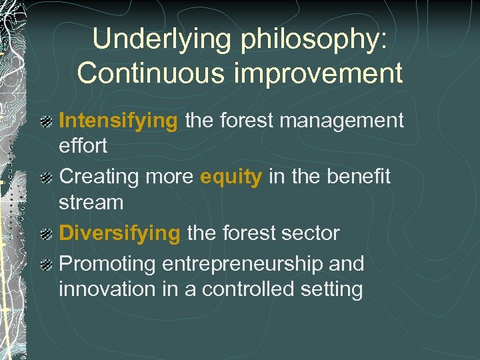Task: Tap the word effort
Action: click(83, 145)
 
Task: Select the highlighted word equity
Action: click(231, 177)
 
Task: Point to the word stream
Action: click(91, 201)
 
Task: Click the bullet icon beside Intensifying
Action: click(47, 122)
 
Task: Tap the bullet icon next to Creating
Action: click(47, 178)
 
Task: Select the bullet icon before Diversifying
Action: click(47, 234)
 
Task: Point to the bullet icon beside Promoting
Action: click(47, 265)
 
